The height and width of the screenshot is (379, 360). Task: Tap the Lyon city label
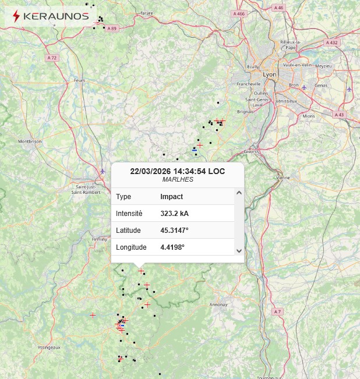(x=270, y=75)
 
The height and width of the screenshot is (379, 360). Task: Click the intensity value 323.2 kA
(x=174, y=214)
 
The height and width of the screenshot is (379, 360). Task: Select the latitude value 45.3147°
(x=174, y=231)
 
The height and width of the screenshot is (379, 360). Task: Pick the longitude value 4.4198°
(x=172, y=247)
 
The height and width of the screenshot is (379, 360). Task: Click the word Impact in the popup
(x=171, y=197)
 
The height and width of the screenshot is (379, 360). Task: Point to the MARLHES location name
(x=178, y=179)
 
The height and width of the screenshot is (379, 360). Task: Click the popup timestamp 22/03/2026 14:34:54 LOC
(x=178, y=171)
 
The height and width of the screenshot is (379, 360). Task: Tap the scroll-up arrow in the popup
(x=239, y=193)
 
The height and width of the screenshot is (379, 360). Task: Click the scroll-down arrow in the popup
(x=239, y=250)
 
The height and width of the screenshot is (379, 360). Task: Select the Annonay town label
(x=218, y=304)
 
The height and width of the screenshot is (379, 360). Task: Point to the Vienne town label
(x=283, y=177)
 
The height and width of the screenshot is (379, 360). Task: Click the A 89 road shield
(x=112, y=29)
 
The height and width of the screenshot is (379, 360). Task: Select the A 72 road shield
(x=52, y=58)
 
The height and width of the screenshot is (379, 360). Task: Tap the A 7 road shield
(x=277, y=312)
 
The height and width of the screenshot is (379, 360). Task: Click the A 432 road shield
(x=331, y=42)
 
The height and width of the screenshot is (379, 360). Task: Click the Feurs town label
(x=80, y=80)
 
